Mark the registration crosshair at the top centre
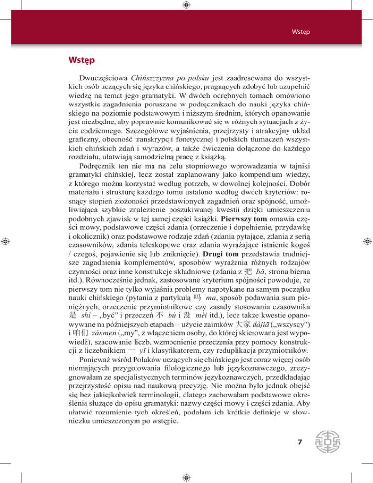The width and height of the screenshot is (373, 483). click(x=186, y=5)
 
